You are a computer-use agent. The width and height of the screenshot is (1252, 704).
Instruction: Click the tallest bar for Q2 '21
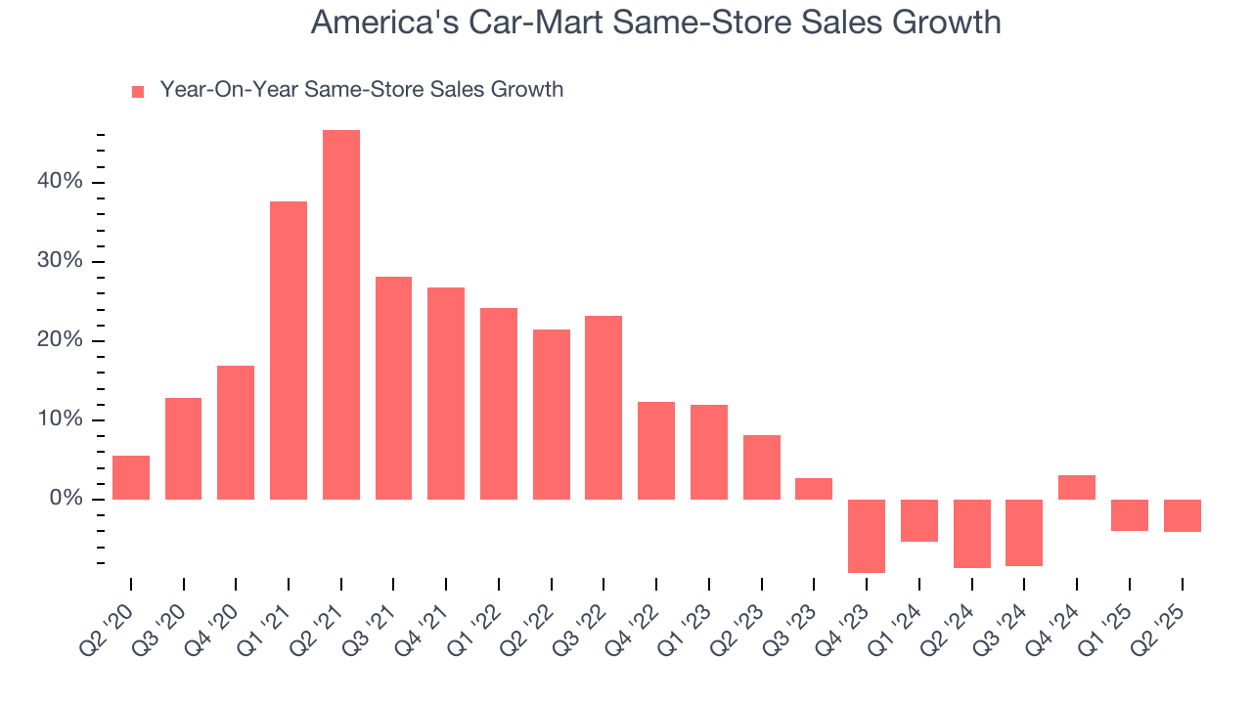pyautogui.click(x=341, y=315)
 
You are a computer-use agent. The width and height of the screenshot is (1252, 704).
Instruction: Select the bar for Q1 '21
pyautogui.click(x=289, y=350)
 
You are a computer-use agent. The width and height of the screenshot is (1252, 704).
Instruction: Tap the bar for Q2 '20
pyautogui.click(x=131, y=477)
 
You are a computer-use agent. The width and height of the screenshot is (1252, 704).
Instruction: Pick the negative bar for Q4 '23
pyautogui.click(x=867, y=536)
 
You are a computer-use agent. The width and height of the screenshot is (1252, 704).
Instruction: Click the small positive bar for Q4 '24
pyautogui.click(x=1077, y=487)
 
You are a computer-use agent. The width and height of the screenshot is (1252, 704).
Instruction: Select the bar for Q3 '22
pyautogui.click(x=604, y=408)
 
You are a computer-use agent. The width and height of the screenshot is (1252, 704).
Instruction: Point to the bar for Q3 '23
pyautogui.click(x=814, y=489)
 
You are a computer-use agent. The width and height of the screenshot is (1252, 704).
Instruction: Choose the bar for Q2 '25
pyautogui.click(x=1182, y=515)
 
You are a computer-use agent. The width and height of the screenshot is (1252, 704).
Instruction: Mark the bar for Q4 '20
pyautogui.click(x=236, y=432)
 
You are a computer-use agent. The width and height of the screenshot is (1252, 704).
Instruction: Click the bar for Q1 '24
pyautogui.click(x=919, y=520)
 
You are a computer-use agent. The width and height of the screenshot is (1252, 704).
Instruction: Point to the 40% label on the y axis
pyautogui.click(x=61, y=183)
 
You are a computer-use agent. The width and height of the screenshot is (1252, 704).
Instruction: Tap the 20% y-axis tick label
pyautogui.click(x=61, y=341)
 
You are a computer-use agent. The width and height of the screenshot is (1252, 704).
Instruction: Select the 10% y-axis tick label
pyautogui.click(x=61, y=420)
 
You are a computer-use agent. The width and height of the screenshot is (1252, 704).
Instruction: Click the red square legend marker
pyautogui.click(x=138, y=91)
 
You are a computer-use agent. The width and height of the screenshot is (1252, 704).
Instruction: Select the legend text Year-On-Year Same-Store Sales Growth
pyautogui.click(x=361, y=90)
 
